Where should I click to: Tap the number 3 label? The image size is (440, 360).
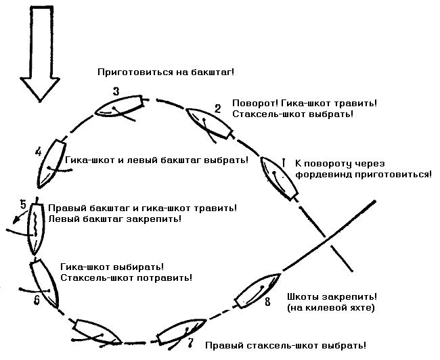tap(116, 91)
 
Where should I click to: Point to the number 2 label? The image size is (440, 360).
tap(217, 108)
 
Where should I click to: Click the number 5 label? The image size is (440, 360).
tap(23, 204)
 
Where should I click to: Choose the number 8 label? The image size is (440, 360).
tap(267, 301)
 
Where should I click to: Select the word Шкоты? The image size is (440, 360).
tap(305, 297)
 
